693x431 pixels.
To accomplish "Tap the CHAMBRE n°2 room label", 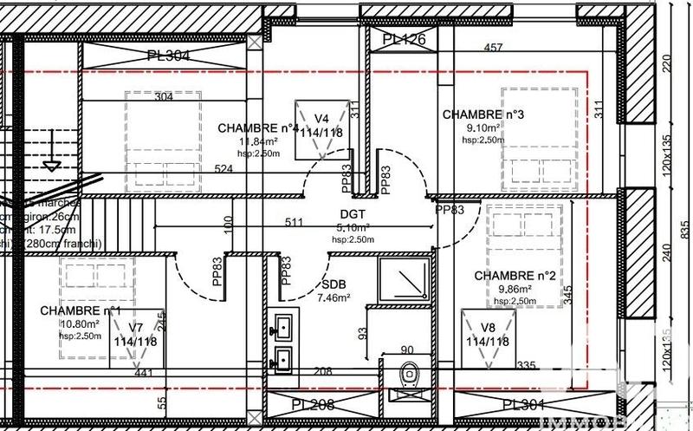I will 515,276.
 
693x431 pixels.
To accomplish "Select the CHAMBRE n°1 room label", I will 81,310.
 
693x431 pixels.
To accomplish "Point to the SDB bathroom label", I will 334,284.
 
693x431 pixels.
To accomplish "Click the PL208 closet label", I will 314,405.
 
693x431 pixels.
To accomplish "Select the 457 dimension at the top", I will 494,48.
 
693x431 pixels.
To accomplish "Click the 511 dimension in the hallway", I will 294,222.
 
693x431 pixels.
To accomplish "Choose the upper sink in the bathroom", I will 282,327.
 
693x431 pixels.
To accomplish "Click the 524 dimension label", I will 224,168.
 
